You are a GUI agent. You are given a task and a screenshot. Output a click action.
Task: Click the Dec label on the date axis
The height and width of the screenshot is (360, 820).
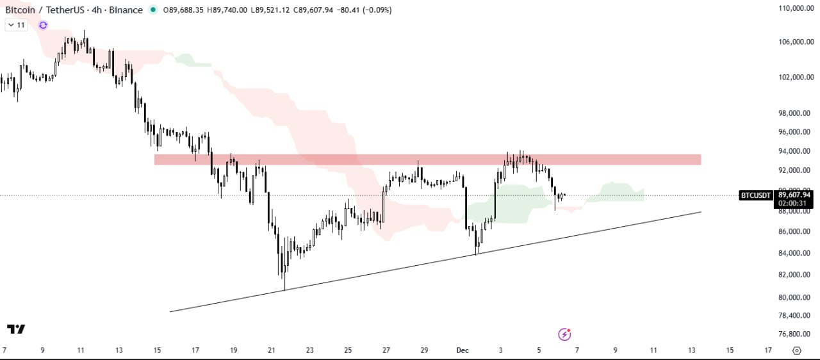463,350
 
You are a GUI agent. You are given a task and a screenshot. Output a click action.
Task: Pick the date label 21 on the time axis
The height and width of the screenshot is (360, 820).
272,350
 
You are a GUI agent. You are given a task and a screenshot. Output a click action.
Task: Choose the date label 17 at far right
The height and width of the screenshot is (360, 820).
768,350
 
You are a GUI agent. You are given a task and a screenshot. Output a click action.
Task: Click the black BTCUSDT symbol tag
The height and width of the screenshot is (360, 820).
756,195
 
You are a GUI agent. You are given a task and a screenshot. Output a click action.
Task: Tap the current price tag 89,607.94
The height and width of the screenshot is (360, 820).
794,195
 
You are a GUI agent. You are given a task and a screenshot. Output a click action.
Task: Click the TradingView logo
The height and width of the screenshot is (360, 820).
16,329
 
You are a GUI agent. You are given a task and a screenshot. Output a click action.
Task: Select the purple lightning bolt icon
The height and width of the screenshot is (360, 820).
564,334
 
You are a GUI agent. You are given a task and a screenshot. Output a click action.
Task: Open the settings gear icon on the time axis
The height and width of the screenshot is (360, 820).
797,350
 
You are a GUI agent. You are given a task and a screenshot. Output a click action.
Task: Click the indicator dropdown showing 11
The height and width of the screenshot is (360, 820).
16,25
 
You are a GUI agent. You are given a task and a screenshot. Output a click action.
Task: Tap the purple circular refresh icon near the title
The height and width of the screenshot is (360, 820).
43,25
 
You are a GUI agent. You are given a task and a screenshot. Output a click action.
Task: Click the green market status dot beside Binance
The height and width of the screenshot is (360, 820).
152,10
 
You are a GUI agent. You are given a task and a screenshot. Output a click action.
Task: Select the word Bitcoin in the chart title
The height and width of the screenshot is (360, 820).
20,10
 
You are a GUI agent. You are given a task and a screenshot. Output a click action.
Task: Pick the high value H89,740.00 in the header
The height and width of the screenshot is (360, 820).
227,10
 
